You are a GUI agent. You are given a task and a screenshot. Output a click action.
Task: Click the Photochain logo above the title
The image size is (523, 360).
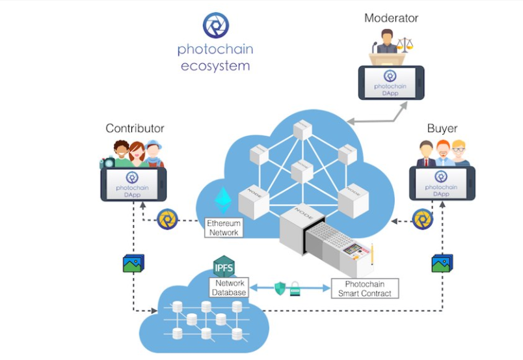click(215, 25)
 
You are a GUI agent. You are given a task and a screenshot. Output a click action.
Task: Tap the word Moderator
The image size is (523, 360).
click(391, 18)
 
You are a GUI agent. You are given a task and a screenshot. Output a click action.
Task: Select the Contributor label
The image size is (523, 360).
click(135, 128)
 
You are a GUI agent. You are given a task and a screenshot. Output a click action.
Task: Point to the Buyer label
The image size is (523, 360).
click(442, 128)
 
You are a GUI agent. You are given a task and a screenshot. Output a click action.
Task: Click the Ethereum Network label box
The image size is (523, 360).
click(223, 228)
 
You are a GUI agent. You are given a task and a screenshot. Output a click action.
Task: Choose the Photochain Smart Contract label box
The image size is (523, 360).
click(364, 288)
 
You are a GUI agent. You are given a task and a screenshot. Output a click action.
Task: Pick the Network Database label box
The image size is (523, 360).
click(229, 288)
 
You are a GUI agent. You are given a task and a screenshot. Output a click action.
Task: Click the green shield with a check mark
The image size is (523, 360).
click(280, 288)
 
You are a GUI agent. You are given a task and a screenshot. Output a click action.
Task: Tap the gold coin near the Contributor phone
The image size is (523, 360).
click(168, 219)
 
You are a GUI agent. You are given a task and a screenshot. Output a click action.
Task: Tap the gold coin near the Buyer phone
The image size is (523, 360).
click(423, 219)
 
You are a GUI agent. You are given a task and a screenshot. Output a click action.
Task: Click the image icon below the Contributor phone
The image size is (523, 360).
click(133, 263)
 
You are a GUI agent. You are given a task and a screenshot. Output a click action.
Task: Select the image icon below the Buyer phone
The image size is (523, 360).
click(442, 263)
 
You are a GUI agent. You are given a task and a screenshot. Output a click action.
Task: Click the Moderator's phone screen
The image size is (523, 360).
click(390, 83)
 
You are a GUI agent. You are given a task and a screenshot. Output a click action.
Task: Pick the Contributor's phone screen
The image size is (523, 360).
click(133, 184)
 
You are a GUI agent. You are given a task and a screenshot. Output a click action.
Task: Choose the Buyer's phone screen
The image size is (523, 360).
click(441, 184)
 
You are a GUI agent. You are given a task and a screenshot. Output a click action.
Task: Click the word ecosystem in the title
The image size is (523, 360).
click(215, 66)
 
